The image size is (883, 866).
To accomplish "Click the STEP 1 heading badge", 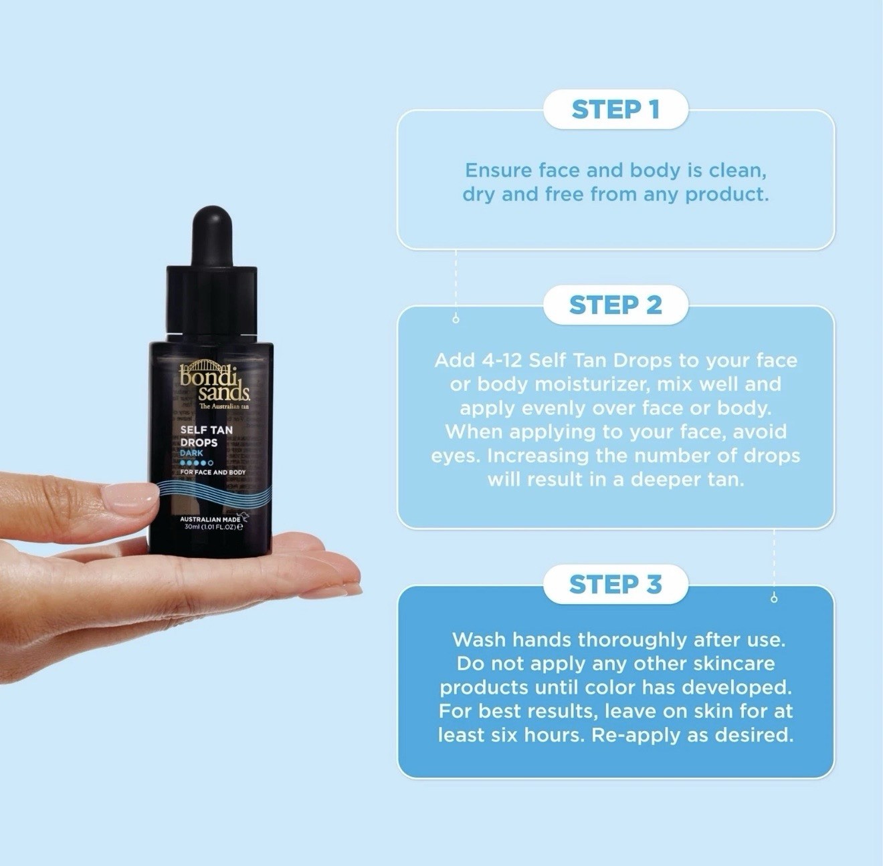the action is (x=615, y=110).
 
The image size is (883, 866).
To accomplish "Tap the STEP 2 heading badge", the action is (x=615, y=305).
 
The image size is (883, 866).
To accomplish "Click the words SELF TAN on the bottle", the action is (x=206, y=430).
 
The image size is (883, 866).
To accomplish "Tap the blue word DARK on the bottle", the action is (x=191, y=453).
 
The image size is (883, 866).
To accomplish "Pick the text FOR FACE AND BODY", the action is (x=213, y=472).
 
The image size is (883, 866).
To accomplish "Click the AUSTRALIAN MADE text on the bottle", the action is (x=210, y=519).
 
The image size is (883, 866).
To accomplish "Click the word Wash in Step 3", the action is (x=480, y=639).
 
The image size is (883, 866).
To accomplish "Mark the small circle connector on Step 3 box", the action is (x=774, y=599).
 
